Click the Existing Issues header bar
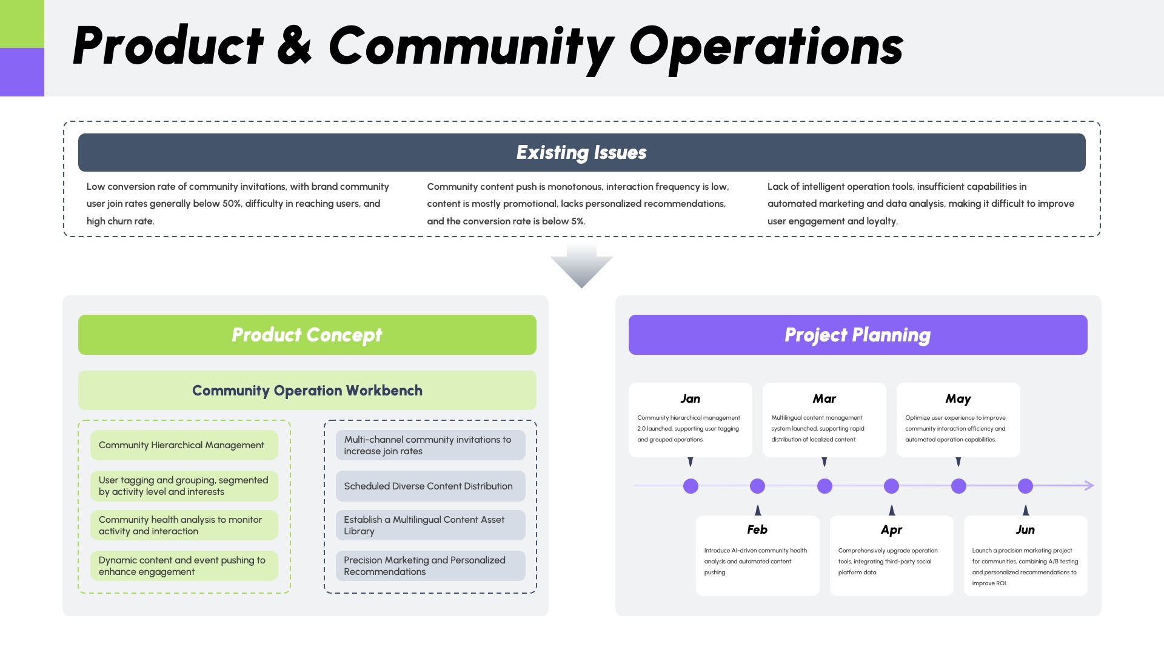pyautogui.click(x=581, y=152)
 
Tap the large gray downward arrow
pyautogui.click(x=581, y=267)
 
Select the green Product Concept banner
pyautogui.click(x=307, y=335)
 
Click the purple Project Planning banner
pyautogui.click(x=857, y=335)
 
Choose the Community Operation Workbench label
pyautogui.click(x=307, y=391)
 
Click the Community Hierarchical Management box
pyautogui.click(x=184, y=445)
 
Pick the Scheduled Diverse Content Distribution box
pyautogui.click(x=430, y=486)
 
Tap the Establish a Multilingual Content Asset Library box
pyautogui.click(x=430, y=525)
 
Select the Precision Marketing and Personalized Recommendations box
pyautogui.click(x=430, y=566)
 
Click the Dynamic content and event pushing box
pyautogui.click(x=184, y=566)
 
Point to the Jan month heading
pyautogui.click(x=690, y=398)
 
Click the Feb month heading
pyautogui.click(x=757, y=529)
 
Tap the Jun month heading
pyautogui.click(x=1025, y=529)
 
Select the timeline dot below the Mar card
pyautogui.click(x=824, y=486)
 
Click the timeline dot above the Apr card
pyautogui.click(x=891, y=486)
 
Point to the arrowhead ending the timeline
pyautogui.click(x=1089, y=485)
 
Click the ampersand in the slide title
pyautogui.click(x=295, y=46)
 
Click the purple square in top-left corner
pyautogui.click(x=22, y=72)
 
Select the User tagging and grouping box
pyautogui.click(x=184, y=486)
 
